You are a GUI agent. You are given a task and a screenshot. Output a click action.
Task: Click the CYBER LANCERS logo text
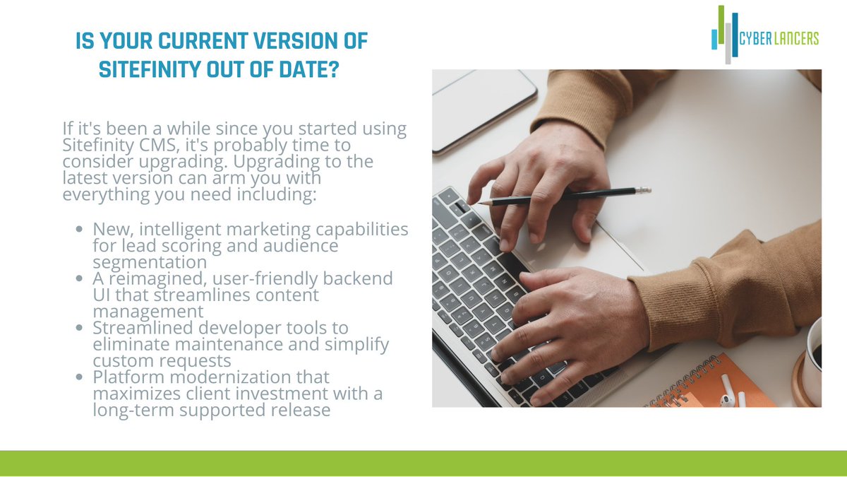tap(779, 39)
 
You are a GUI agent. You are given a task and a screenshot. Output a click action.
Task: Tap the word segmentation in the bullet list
tap(150, 262)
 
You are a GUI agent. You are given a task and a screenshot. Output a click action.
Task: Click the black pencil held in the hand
tap(565, 196)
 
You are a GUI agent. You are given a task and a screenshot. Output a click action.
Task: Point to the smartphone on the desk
tap(484, 107)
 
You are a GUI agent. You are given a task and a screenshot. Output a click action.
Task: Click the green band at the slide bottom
tap(423, 463)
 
